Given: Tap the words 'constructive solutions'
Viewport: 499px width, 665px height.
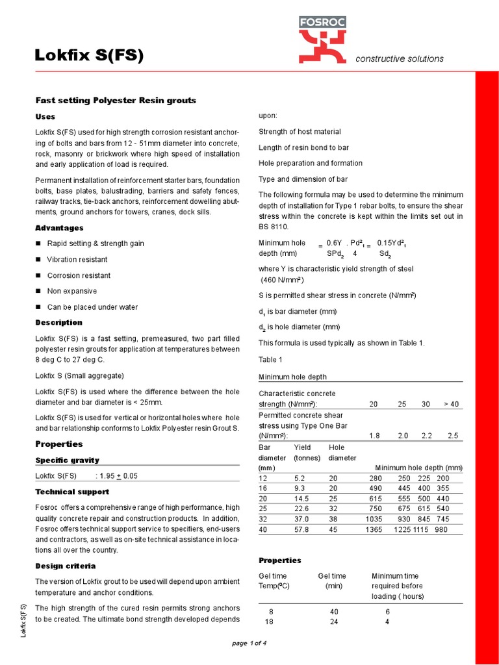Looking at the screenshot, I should coord(400,58).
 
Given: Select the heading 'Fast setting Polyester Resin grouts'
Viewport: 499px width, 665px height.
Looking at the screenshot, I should coord(115,101).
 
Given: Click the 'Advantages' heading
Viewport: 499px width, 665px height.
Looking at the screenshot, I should coord(59,228).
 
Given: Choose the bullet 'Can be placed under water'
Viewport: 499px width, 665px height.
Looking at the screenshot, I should coord(92,307).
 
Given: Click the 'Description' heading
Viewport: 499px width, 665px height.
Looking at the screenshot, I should coord(58,322).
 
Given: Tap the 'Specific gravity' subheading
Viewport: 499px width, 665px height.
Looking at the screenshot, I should coord(67,460).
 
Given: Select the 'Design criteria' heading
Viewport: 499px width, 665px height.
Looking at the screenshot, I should coord(65,566).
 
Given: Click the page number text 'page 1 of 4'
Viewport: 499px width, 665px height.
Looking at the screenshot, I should coord(249,643).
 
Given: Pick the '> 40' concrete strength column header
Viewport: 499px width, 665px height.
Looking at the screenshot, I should coord(452,404).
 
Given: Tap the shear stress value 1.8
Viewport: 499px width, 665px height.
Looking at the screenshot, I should coord(374,436).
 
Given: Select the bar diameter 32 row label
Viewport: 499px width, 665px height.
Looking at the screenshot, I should coord(263,520).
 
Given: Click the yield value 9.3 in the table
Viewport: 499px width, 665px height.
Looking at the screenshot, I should coord(300,488).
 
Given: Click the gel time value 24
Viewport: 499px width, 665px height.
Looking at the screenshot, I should coord(332,622).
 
